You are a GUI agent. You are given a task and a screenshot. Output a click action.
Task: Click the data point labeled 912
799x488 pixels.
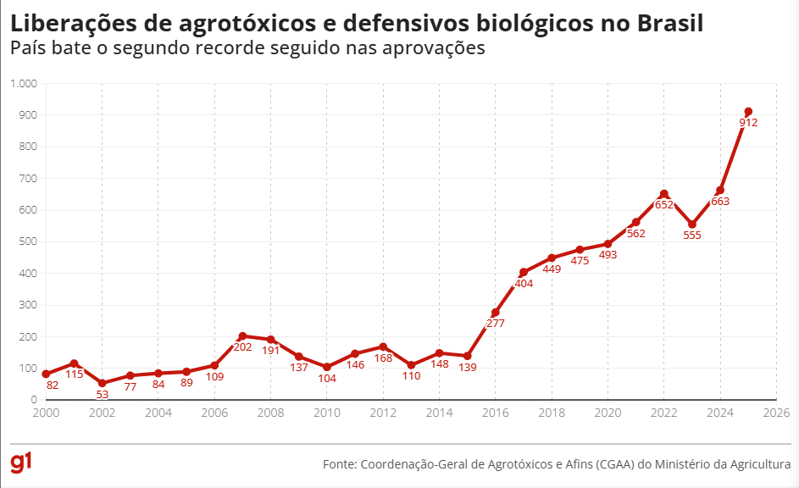point(748,112)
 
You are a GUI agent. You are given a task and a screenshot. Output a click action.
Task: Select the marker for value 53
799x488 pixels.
point(102,383)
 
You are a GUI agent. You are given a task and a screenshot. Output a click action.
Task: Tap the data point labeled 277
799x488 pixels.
point(496,313)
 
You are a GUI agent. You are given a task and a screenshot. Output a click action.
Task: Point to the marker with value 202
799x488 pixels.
point(242,336)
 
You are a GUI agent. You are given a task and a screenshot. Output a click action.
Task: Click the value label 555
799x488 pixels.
point(692,236)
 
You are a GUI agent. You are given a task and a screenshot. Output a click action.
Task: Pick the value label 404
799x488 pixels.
point(524,284)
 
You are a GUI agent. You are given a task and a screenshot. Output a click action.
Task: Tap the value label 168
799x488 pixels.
point(383,358)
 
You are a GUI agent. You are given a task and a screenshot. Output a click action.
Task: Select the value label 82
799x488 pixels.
point(53,385)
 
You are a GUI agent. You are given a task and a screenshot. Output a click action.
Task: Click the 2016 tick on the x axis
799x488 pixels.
point(496,413)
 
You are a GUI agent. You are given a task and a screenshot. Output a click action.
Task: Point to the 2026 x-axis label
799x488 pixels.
point(776,413)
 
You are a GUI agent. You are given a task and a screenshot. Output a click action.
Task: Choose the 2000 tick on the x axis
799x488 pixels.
point(46,413)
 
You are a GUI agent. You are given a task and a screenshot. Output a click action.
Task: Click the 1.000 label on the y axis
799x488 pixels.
point(24,83)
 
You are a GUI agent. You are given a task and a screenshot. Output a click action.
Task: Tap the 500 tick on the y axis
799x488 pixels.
point(28,241)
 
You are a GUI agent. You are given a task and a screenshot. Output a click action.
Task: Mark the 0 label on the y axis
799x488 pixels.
point(33,400)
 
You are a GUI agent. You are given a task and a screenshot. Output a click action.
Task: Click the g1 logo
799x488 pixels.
point(22,462)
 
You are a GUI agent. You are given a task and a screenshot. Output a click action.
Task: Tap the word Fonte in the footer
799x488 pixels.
point(338,464)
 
